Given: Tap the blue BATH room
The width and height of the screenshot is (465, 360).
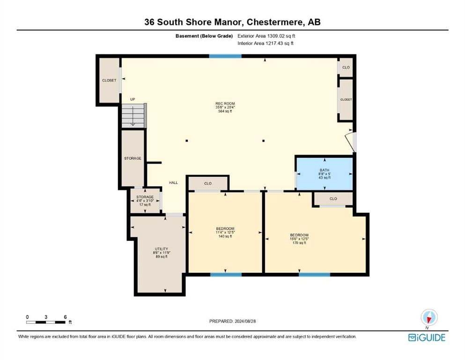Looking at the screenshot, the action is tap(325, 173).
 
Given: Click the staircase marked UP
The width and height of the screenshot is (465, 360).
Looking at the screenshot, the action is tap(133, 116).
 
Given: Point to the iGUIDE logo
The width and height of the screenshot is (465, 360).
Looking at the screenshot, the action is tap(427, 338).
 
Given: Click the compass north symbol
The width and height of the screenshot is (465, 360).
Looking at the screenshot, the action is tap(429, 318).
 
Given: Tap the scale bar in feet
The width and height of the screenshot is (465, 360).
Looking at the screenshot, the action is tap(46, 322).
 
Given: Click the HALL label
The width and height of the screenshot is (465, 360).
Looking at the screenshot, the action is tap(173, 182).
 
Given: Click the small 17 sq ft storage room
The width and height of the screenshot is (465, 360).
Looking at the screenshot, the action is tap(145, 201).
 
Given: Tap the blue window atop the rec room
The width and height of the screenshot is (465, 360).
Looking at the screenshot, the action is tap(225, 56).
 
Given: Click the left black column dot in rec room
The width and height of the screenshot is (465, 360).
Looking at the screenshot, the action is tap(186, 141).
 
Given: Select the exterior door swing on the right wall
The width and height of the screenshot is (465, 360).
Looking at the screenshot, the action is tap(351, 142).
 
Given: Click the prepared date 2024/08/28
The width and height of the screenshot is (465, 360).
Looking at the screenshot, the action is tap(232, 321).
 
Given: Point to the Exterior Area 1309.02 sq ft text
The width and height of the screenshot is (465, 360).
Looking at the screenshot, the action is tap(266, 36).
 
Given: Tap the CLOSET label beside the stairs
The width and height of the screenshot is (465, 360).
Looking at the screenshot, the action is tap(109, 81).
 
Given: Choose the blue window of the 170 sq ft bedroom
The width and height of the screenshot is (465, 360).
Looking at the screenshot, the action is tap(314, 275).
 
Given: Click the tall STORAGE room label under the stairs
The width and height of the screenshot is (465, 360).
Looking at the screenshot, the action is tap(133, 158).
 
